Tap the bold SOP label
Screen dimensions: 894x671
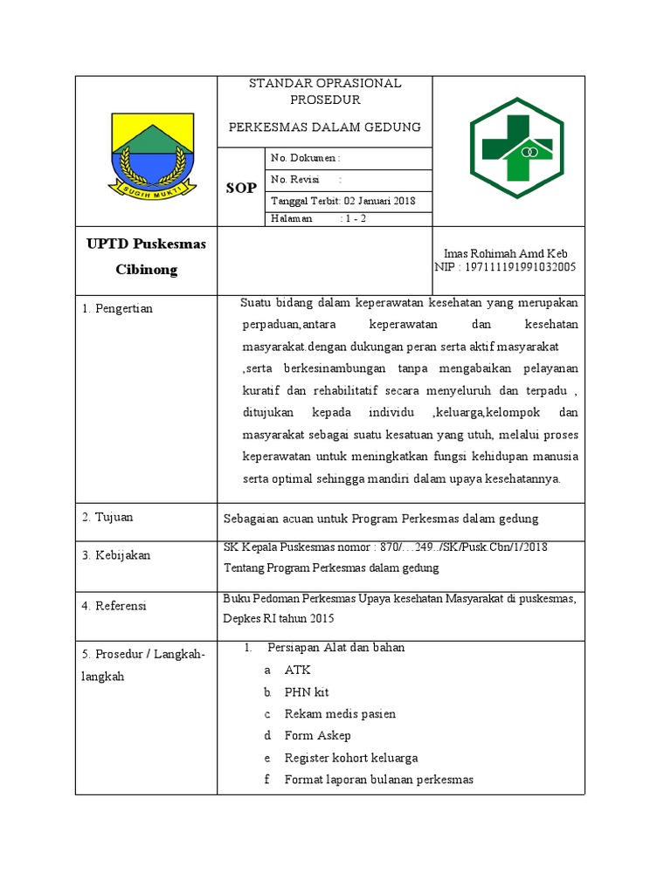(x=241, y=188)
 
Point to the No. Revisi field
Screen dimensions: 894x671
(x=306, y=180)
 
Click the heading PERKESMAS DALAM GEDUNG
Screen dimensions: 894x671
(x=324, y=127)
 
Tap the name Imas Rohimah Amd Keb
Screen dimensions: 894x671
(x=506, y=253)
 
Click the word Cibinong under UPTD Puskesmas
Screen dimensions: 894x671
(x=146, y=270)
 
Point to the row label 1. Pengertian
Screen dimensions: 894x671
(x=118, y=308)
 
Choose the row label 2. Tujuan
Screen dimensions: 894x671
(x=108, y=517)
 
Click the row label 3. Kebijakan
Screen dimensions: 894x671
(x=116, y=555)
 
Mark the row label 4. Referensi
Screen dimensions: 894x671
(x=114, y=605)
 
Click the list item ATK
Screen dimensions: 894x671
(x=297, y=670)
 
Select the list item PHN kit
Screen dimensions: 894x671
(x=306, y=691)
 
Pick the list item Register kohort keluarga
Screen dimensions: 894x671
(x=350, y=757)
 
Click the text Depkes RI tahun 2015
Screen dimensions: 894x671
(x=280, y=617)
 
